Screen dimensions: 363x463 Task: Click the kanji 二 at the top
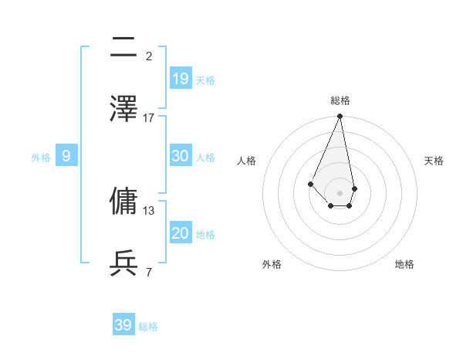123,49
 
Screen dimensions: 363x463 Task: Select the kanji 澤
123,109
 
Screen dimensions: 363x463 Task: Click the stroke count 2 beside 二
149,56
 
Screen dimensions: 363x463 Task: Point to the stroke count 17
149,117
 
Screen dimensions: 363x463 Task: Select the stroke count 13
149,210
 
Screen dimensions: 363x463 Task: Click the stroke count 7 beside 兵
149,272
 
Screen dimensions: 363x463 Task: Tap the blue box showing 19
181,79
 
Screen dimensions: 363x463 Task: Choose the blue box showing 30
181,156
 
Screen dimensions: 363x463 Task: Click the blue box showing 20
181,233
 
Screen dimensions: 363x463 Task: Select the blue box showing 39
123,325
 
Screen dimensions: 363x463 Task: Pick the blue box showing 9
66,156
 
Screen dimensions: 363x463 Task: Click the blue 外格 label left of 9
41,158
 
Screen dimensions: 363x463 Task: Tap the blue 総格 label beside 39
148,327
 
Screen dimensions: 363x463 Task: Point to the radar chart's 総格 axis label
340,100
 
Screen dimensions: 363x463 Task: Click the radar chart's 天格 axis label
434,161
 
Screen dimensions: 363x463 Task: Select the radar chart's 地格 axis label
404,264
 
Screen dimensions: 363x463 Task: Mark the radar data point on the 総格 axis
340,116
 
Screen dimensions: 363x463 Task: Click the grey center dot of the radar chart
340,192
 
